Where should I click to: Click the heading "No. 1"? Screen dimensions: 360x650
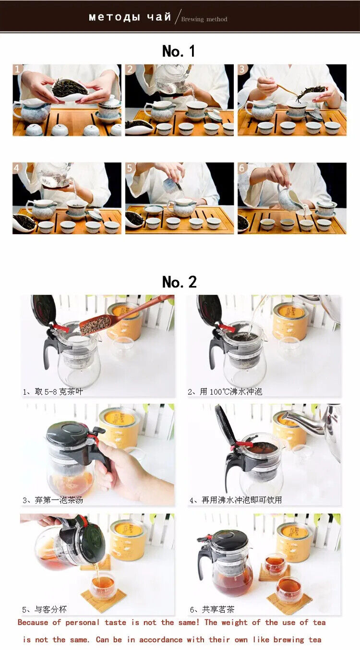point(179,51)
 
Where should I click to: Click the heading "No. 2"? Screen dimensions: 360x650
point(179,282)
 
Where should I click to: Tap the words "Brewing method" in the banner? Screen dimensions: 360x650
point(204,19)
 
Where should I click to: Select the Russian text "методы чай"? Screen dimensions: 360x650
point(130,17)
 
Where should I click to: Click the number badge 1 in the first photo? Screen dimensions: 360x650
point(17,69)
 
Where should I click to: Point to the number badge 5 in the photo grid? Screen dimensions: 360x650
point(130,168)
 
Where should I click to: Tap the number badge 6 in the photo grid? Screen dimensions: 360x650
point(242,168)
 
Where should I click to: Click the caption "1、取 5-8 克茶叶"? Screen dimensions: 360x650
point(53,392)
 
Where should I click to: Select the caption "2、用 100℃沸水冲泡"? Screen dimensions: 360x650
point(225,392)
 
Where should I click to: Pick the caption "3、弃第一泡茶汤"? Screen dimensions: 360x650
point(53,500)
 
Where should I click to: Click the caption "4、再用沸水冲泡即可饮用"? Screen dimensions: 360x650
point(236,500)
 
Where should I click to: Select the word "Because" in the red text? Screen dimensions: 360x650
point(33,623)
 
